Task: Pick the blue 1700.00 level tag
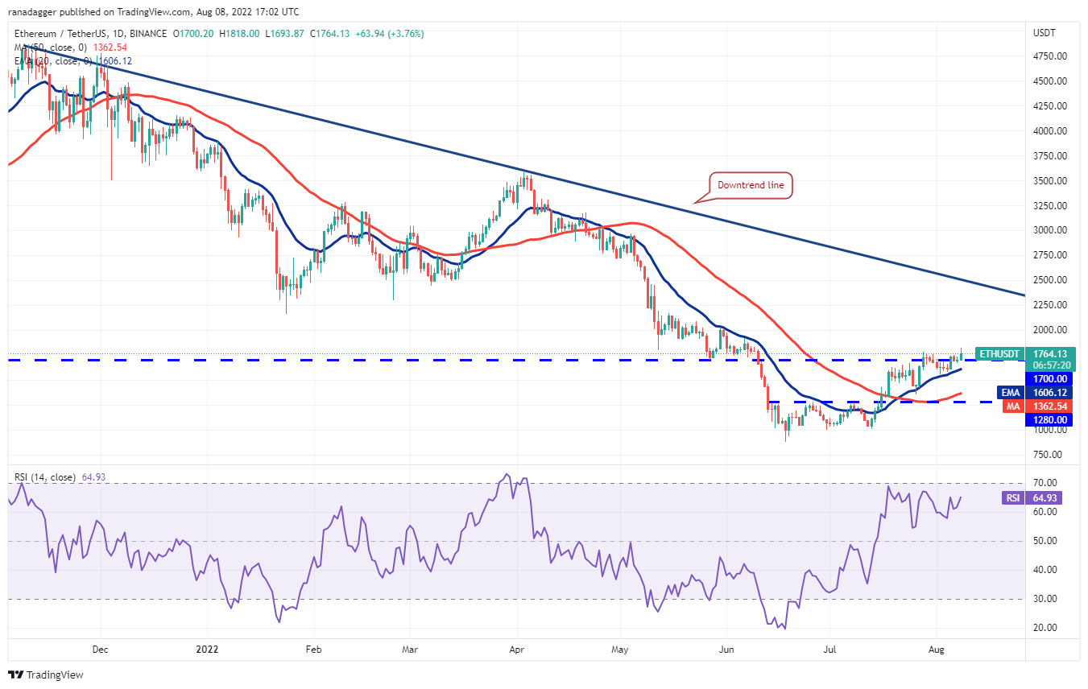pos(1045,378)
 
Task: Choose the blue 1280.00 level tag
pos(1045,419)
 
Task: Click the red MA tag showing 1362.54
pos(1045,406)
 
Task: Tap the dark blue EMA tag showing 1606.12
pos(1045,392)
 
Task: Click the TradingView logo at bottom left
pos(47,675)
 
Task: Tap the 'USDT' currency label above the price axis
pos(1045,33)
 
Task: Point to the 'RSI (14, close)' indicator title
pos(44,477)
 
